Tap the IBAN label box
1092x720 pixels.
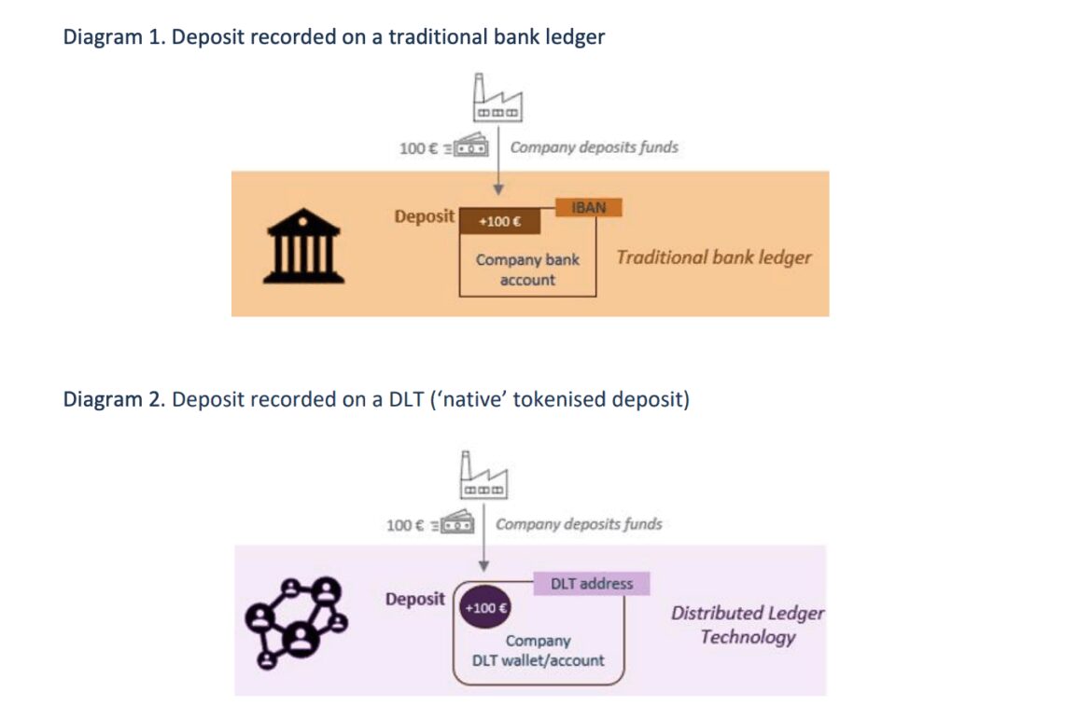tap(588, 208)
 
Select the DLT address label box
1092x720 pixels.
tap(591, 584)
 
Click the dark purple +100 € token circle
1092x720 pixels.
tap(484, 608)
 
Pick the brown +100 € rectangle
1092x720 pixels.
tap(499, 222)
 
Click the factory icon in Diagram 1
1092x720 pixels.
tap(497, 99)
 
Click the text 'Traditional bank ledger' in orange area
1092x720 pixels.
tap(713, 257)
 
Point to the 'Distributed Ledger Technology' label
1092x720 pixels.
tap(748, 625)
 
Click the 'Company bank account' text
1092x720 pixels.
tap(527, 270)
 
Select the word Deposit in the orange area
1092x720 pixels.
tap(424, 216)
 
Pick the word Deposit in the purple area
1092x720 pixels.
tap(415, 599)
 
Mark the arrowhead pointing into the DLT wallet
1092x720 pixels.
tap(483, 566)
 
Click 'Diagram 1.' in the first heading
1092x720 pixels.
tap(114, 37)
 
